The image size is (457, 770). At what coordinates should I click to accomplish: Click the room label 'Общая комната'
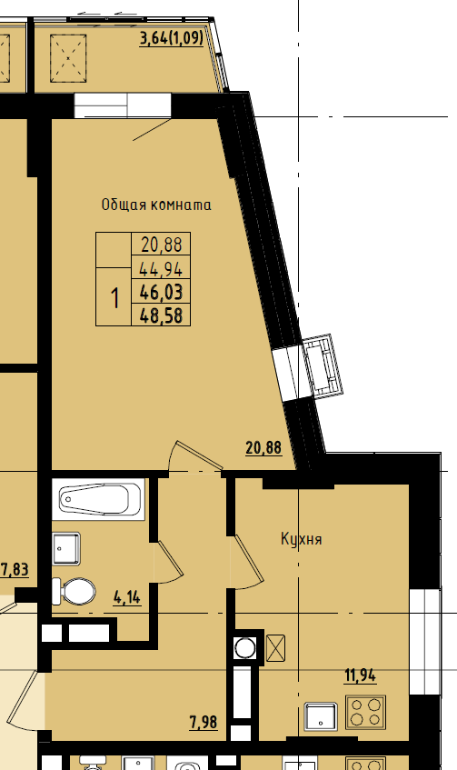tap(156, 205)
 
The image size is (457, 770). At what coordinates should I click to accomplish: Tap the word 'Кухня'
tap(302, 539)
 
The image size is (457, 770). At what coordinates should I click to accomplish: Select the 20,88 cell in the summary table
tap(162, 244)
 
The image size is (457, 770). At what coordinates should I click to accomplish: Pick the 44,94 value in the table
tap(161, 268)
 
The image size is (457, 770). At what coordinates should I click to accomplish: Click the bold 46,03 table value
tap(161, 292)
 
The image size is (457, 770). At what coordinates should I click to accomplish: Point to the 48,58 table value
tap(162, 315)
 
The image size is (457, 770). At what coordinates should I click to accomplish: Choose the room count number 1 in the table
tap(114, 297)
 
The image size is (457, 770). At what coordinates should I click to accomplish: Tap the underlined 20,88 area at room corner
tap(263, 448)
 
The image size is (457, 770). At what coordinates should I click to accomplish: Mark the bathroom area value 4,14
tap(126, 597)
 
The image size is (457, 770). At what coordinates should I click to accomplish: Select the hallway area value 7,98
tap(204, 723)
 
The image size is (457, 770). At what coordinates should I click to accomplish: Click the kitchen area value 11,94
tap(360, 675)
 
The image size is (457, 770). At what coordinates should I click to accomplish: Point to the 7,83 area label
tap(15, 570)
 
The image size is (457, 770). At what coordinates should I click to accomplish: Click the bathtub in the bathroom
tap(98, 499)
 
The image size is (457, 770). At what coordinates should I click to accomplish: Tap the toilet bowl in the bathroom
tap(75, 591)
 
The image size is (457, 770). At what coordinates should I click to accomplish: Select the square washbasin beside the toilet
tap(66, 548)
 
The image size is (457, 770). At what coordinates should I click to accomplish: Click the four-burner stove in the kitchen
tap(366, 712)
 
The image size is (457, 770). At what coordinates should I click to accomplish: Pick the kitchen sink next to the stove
tap(321, 716)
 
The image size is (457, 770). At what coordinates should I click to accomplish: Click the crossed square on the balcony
tap(68, 58)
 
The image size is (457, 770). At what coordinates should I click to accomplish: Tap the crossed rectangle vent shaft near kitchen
tap(275, 647)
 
